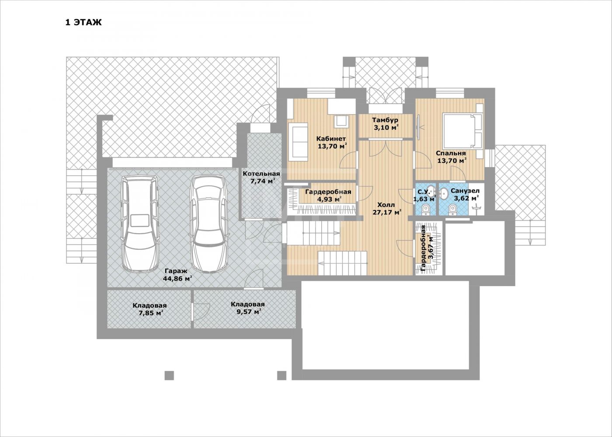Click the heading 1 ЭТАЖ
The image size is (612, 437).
[x=83, y=22]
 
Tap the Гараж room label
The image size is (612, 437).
[x=176, y=271]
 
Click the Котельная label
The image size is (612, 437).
[x=261, y=174]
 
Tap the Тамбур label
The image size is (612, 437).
[x=385, y=120]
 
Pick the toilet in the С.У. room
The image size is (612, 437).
[x=426, y=210]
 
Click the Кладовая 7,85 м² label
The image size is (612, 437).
[x=150, y=309]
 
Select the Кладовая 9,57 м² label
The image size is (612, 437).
[x=248, y=308]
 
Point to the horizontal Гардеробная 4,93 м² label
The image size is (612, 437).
[x=328, y=195]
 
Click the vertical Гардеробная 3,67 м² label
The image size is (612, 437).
[x=427, y=248]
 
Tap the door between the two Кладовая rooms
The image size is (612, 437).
[x=201, y=311]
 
